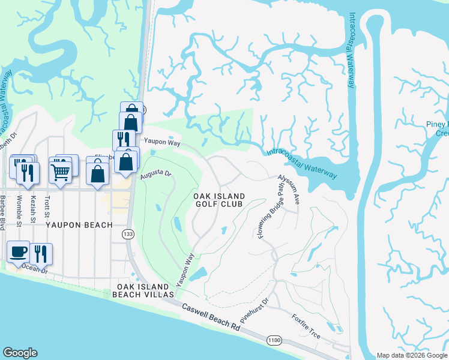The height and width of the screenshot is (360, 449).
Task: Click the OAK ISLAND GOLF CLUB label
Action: pyautogui.click(x=219, y=200)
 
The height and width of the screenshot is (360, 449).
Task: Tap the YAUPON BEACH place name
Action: pyautogui.click(x=79, y=225)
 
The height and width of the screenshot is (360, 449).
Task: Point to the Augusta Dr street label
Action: pyautogui.click(x=156, y=175)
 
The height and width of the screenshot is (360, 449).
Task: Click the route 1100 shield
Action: pyautogui.click(x=274, y=340)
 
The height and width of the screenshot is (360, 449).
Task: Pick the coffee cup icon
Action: pyautogui.click(x=18, y=252)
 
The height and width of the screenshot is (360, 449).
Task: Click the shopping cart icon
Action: pyautogui.click(x=61, y=172)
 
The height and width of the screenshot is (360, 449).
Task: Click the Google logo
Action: pyautogui.click(x=20, y=353)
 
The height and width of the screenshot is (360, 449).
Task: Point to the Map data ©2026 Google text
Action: pyautogui.click(x=411, y=355)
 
